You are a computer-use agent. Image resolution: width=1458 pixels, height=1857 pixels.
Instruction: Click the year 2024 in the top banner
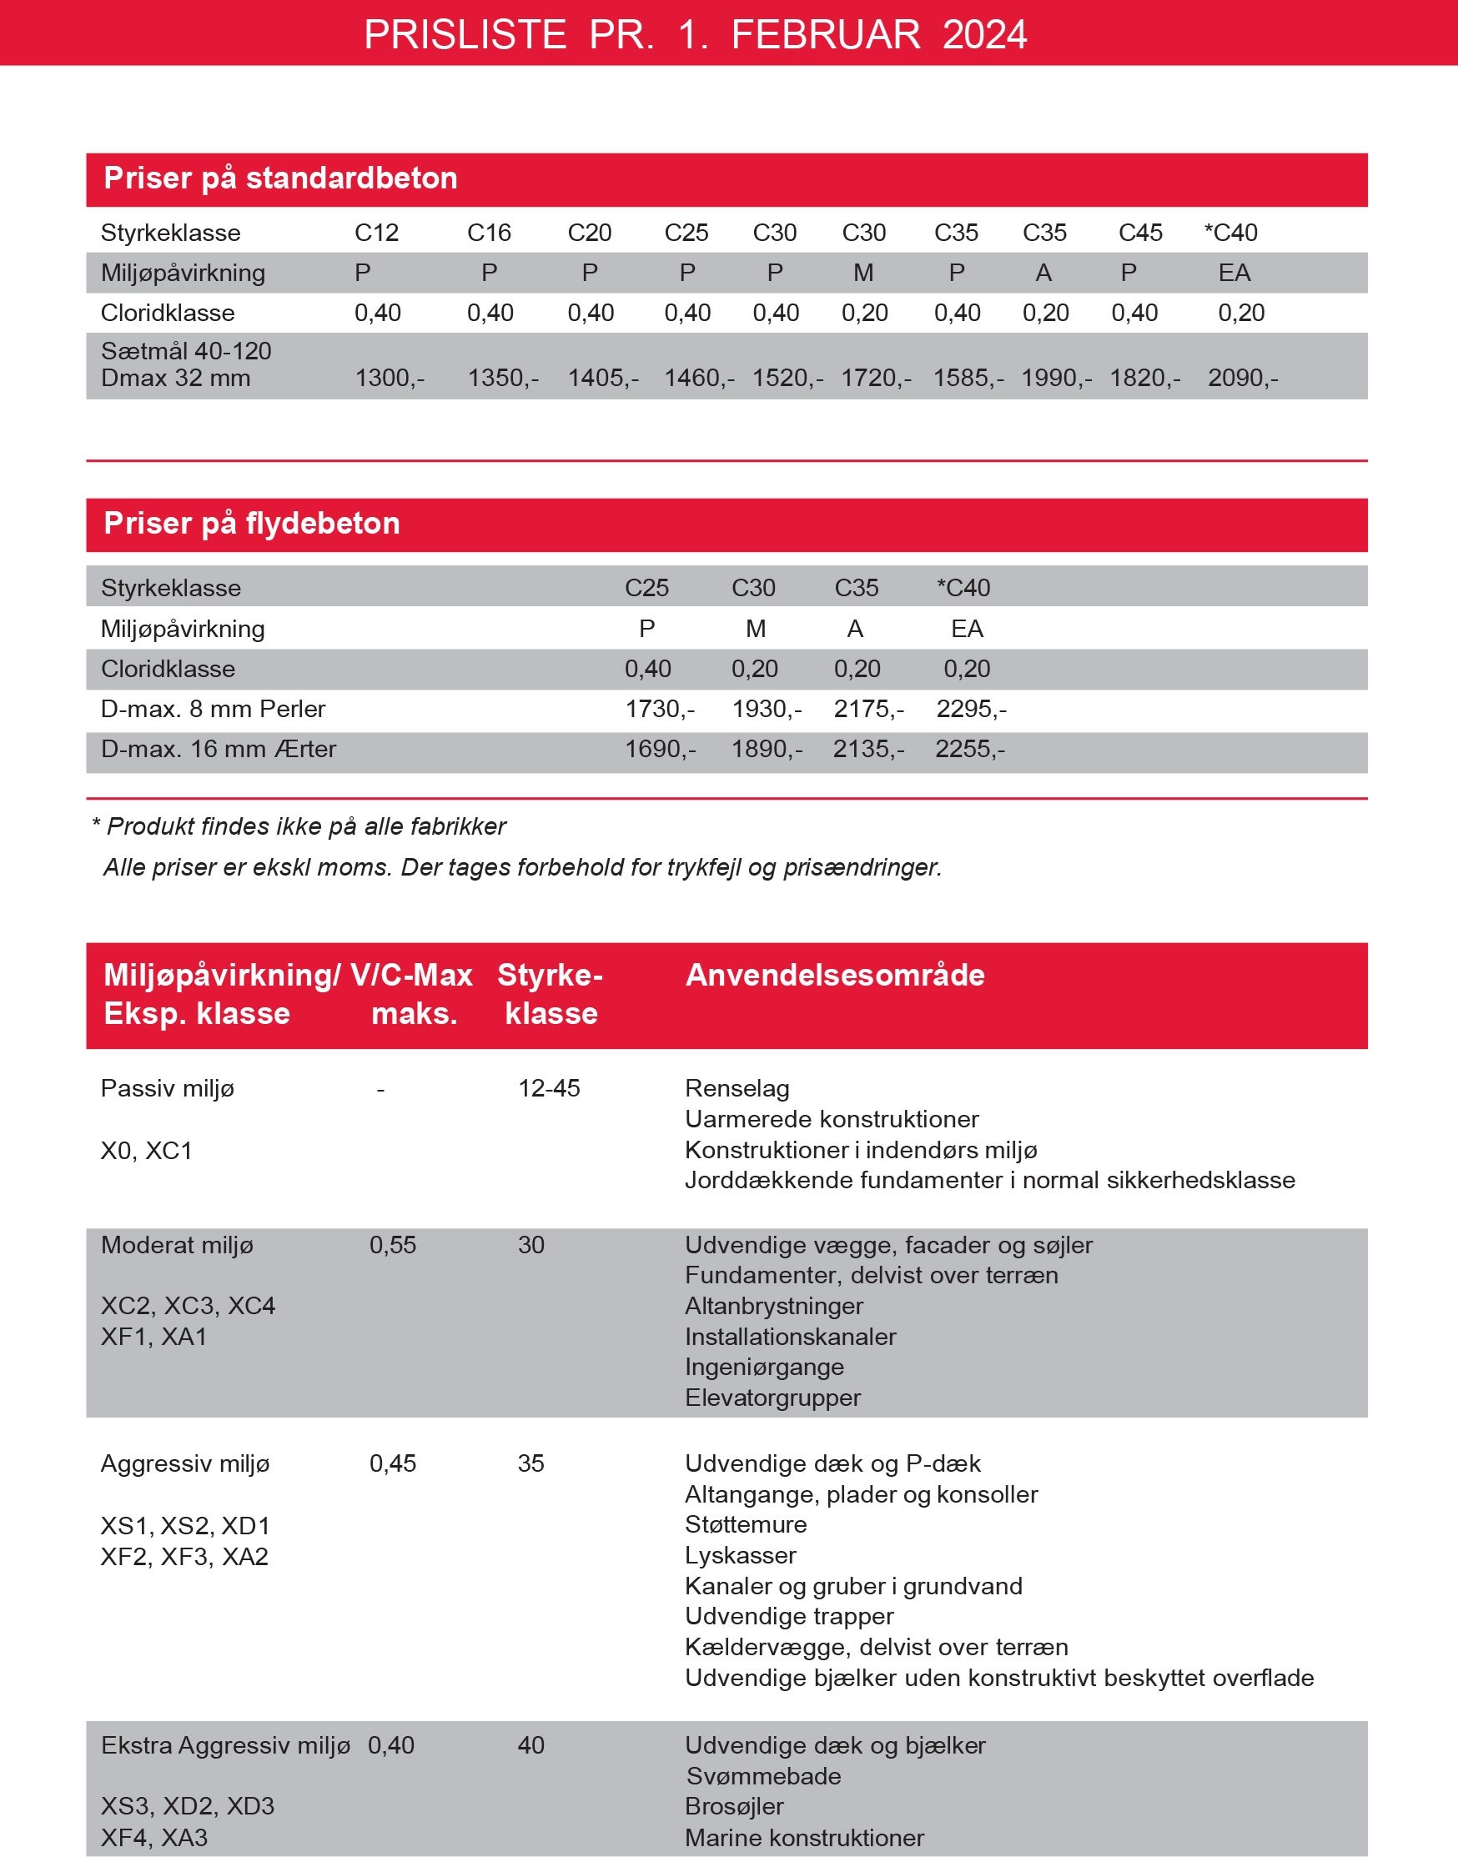pos(984,35)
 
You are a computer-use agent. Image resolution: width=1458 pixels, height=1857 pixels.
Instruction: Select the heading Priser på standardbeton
pos(280,178)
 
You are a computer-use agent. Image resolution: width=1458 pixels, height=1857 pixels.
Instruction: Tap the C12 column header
pos(376,232)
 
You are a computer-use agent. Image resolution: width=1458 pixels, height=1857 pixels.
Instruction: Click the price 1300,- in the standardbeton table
pos(390,377)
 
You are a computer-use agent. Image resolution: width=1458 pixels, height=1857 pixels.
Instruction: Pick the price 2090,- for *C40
pos(1242,377)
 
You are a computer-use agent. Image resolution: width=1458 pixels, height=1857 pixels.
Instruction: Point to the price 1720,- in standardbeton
pos(876,377)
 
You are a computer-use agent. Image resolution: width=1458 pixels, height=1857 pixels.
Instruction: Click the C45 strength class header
pos(1139,232)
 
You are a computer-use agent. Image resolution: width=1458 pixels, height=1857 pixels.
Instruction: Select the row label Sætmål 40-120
pos(186,351)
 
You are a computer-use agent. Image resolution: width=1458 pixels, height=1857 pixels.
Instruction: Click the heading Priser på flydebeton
pos(252,523)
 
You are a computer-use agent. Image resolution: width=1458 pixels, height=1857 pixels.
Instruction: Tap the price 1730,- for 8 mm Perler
pos(660,708)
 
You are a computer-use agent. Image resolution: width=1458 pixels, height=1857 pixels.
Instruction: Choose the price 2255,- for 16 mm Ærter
pos(970,749)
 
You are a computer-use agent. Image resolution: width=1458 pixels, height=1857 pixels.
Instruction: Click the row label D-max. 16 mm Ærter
pos(219,749)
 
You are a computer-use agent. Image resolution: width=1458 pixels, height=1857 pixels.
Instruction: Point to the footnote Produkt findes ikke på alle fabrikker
pos(305,826)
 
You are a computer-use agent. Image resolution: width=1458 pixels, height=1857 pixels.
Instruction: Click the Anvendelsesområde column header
pos(835,975)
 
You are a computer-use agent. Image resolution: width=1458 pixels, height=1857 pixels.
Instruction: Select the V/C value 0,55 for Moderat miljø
pos(393,1244)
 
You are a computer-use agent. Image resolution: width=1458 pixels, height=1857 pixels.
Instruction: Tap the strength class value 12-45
pos(549,1088)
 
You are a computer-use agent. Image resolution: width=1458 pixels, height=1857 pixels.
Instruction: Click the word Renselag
pos(737,1088)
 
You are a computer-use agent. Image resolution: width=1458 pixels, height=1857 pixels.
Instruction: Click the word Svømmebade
pos(763,1776)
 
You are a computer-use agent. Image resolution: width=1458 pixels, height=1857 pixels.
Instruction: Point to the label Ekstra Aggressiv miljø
pos(225,1745)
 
